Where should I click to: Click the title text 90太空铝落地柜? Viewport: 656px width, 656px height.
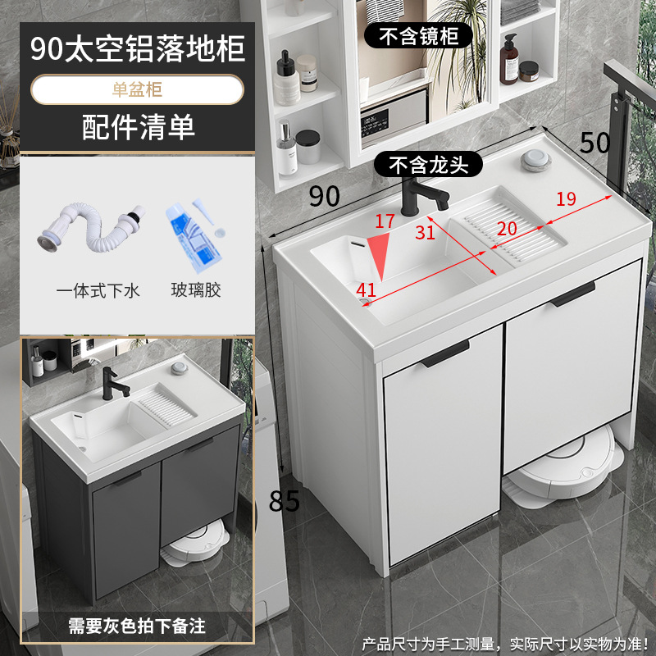137,49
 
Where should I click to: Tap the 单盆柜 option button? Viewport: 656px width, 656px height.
137,89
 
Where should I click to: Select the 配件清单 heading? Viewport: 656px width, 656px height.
137,127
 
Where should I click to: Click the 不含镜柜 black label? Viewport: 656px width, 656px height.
424,35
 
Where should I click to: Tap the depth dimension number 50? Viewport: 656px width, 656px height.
594,143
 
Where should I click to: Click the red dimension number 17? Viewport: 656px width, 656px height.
385,221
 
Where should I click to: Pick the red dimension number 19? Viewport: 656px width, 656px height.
565,198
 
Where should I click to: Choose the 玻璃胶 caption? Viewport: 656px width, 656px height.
196,290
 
